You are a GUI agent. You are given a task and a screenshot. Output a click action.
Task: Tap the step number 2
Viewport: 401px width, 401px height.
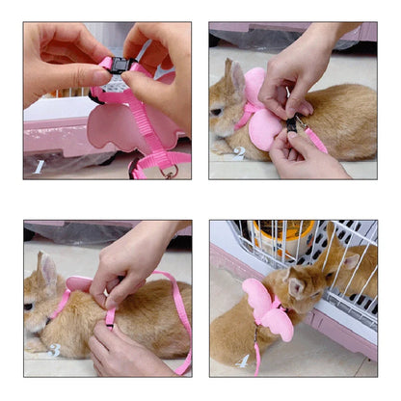tap(238, 152)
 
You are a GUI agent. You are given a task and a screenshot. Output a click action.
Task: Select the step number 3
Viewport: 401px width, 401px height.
tap(55, 349)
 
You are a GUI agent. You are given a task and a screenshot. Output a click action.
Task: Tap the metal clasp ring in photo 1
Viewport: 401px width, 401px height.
tap(171, 172)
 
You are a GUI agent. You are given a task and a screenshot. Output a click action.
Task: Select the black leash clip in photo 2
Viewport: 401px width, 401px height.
tap(292, 122)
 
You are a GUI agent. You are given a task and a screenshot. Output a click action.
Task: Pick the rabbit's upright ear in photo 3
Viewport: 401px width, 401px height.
tap(42, 261)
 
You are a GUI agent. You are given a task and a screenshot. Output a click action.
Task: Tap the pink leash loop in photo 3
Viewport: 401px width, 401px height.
tap(179, 318)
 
